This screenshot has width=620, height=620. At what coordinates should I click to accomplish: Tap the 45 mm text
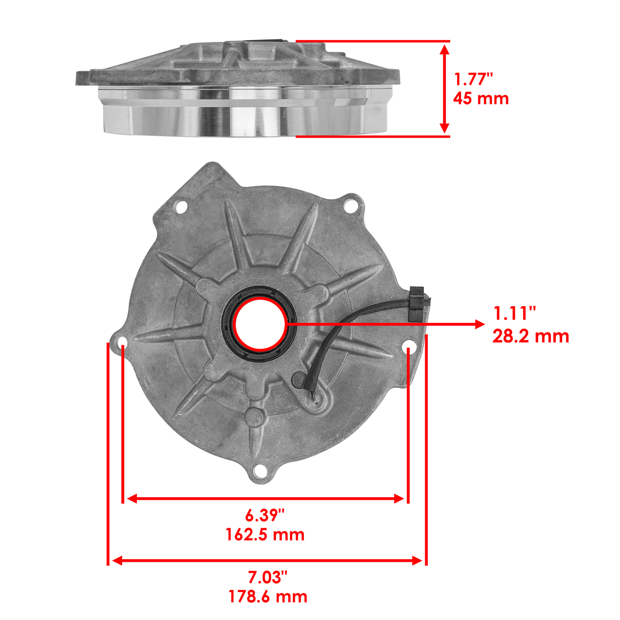[x=481, y=98]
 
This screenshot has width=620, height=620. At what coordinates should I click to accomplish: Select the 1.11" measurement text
[x=515, y=313]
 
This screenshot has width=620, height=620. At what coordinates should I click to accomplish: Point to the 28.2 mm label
[x=530, y=336]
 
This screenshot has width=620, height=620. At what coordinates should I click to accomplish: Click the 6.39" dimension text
[x=265, y=515]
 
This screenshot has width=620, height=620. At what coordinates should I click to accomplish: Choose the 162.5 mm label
[x=265, y=535]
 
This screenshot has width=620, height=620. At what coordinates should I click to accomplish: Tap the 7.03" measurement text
[x=267, y=577]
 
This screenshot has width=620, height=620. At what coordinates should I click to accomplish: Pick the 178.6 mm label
[x=268, y=597]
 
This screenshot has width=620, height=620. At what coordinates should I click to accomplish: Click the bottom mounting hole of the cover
[x=260, y=472]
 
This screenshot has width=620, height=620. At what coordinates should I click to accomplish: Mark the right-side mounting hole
[x=410, y=347]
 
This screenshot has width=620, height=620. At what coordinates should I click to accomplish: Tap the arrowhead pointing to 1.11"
[x=480, y=324]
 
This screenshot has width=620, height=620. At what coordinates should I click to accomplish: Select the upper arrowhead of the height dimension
[x=445, y=49]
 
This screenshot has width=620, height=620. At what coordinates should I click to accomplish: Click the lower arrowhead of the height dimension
[x=445, y=128]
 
